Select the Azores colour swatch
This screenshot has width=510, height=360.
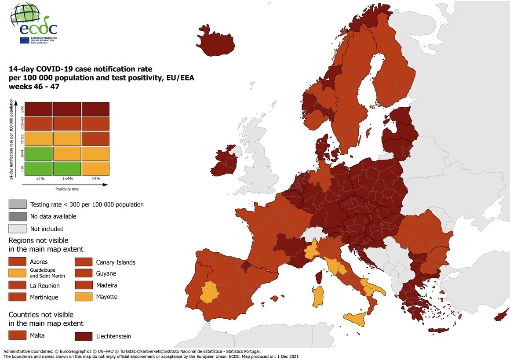17,262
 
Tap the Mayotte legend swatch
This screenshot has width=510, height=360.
83,297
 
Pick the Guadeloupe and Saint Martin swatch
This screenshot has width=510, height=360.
17,273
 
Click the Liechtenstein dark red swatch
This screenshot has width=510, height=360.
83,336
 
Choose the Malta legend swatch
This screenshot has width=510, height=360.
17,336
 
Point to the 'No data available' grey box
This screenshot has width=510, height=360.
17,216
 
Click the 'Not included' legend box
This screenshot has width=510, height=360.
17,229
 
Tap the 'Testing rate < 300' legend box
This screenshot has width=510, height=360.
17,204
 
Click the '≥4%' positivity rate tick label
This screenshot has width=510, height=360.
95,179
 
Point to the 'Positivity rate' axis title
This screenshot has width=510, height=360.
67,189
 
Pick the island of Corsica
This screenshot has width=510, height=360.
319,276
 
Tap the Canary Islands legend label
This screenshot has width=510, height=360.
116,262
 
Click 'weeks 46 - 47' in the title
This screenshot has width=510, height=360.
34,87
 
